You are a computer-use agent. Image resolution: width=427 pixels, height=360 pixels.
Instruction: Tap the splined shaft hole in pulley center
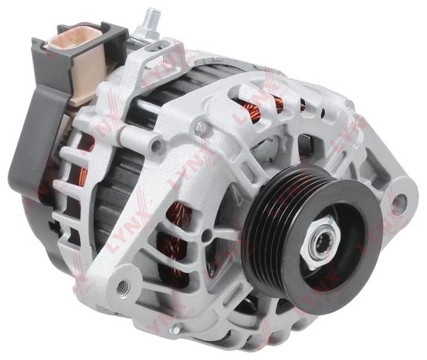click(x=325, y=243)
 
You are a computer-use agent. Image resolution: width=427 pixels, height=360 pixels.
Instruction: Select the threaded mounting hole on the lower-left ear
click(x=123, y=287)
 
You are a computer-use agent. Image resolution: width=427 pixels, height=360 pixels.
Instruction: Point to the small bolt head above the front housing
click(x=201, y=126)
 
